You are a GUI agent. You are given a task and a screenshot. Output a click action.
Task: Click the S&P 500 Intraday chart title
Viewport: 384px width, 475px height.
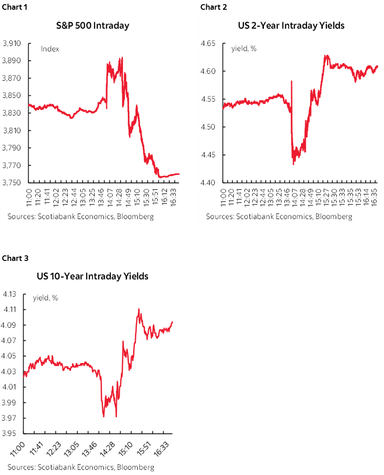tap(96, 26)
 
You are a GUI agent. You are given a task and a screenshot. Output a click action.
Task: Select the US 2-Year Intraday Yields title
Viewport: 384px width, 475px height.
tap(291, 26)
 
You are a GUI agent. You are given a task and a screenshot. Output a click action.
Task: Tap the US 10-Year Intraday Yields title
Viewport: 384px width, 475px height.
tap(93, 276)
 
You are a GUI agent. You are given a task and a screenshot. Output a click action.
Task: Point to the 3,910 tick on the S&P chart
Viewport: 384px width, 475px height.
tap(12, 44)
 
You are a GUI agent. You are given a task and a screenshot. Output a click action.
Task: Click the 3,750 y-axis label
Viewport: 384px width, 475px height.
tap(12, 183)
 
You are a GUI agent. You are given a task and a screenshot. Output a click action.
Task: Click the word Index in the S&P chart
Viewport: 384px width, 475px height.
tap(50, 49)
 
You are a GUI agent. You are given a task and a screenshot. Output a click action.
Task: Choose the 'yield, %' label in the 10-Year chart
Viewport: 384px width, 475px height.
tap(45, 298)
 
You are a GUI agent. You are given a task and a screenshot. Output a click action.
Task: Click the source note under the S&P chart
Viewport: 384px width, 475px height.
tap(80, 216)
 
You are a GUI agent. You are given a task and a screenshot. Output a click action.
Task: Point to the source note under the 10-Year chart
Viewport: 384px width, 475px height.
tap(81, 467)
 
